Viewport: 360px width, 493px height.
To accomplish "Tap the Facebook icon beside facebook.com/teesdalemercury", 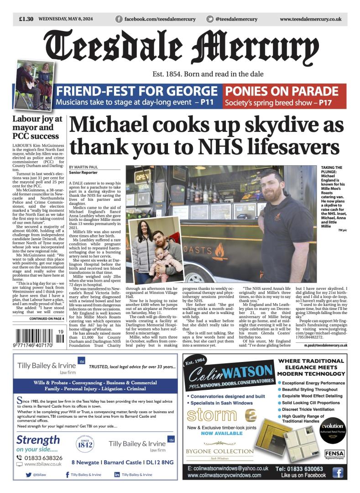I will click(119, 19).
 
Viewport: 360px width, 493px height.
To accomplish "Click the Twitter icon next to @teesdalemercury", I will click(210, 19).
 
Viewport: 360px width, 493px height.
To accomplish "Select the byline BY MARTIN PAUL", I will click(83, 167).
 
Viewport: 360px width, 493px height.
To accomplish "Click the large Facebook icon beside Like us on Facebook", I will click(337, 472).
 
